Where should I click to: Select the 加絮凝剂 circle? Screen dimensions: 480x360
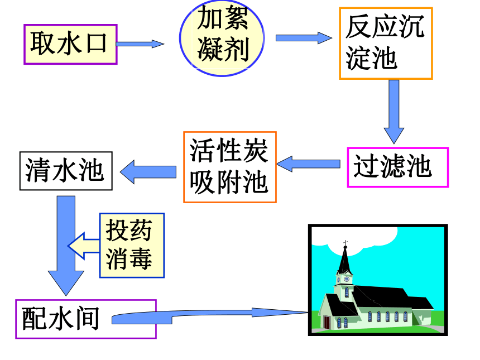[222, 38]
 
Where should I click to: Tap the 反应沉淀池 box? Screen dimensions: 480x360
[386, 44]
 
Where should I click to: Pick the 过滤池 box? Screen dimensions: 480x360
[397, 167]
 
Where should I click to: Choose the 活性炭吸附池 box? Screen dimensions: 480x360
[230, 167]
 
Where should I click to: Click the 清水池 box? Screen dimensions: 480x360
[66, 171]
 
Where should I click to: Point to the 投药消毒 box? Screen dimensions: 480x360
[132, 246]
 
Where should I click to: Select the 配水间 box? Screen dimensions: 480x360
[86, 319]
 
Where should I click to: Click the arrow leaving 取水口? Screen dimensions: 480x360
[140, 44]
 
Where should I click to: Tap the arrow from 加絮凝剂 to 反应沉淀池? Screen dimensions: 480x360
[304, 38]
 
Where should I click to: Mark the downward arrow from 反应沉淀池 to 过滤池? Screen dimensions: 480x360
[394, 112]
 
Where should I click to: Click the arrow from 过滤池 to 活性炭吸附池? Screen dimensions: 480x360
[308, 164]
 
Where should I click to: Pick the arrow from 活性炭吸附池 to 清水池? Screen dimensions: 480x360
[148, 172]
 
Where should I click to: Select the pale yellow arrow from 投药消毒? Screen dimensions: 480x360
[83, 246]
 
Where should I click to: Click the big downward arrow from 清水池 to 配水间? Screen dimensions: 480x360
[66, 245]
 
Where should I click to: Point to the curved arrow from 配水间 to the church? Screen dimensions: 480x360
[209, 315]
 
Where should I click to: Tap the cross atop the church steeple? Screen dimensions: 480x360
[345, 243]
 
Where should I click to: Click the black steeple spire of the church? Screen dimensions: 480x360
[344, 260]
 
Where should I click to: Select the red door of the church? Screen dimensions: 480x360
[327, 323]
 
